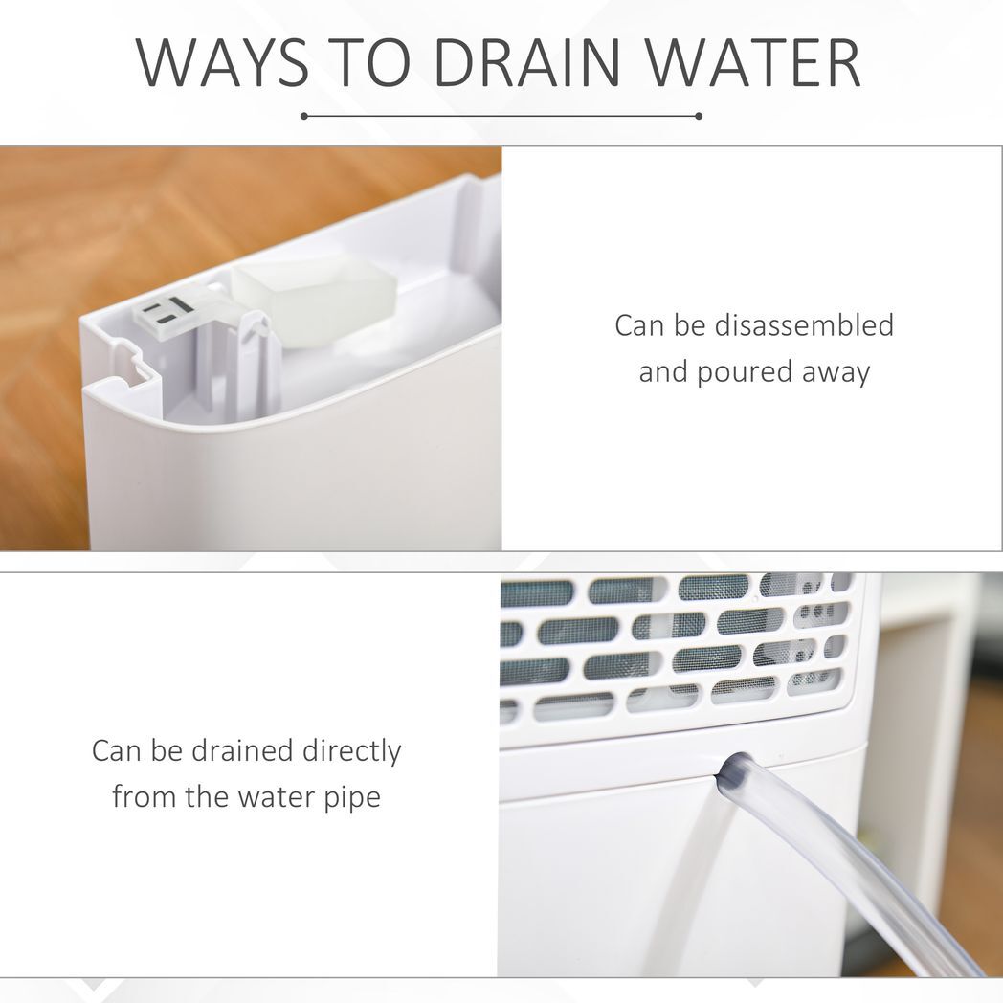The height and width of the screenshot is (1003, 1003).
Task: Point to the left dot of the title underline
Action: point(304,117)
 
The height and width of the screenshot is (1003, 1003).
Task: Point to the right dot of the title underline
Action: point(699,117)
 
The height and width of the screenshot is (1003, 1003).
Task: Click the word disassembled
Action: point(803,325)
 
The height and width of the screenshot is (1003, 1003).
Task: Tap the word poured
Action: point(742,372)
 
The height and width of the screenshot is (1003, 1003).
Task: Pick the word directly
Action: point(352,751)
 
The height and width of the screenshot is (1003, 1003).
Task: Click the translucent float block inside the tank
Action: point(315,303)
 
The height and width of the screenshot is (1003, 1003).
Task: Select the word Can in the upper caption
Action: point(639,325)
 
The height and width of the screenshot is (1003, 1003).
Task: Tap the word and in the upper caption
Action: point(662,372)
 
